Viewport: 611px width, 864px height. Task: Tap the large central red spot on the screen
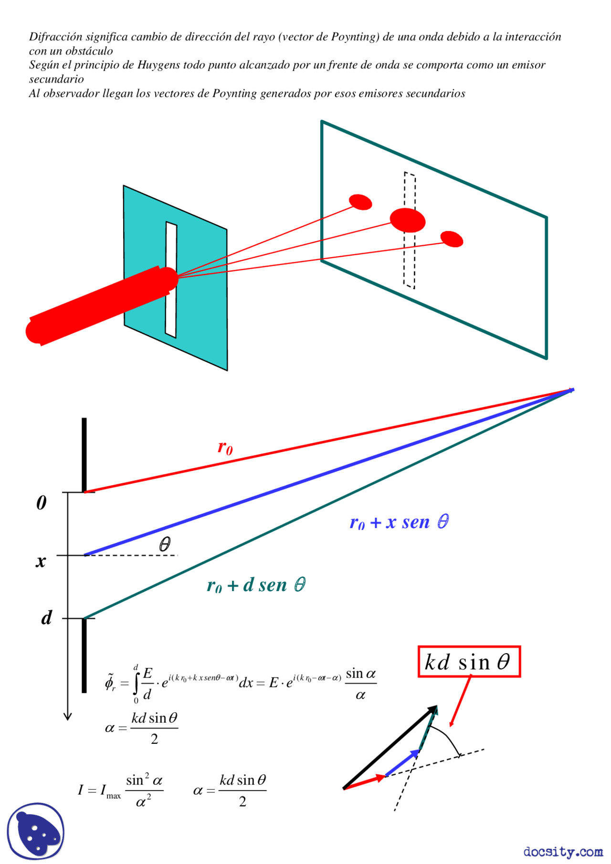click(x=408, y=220)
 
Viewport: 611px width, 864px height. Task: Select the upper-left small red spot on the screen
click(x=360, y=202)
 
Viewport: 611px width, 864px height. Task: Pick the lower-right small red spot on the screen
click(x=452, y=239)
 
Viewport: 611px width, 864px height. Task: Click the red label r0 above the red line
click(x=225, y=448)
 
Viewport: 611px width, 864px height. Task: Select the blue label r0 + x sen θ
click(x=399, y=522)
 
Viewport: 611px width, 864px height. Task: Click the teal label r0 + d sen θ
click(x=256, y=585)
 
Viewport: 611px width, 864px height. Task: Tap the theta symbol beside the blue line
click(x=165, y=544)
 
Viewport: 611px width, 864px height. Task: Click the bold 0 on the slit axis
click(x=42, y=503)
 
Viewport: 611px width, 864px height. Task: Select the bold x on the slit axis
click(x=41, y=562)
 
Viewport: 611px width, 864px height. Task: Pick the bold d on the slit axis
click(x=46, y=618)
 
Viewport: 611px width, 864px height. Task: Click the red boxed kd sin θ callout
click(x=469, y=662)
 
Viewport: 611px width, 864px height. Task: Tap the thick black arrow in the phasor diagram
click(x=389, y=747)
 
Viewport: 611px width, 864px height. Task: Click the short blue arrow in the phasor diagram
click(x=402, y=762)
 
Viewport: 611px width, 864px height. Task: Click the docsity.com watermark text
click(x=563, y=852)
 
